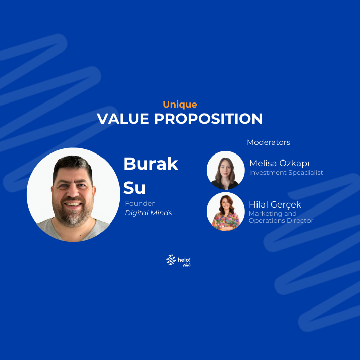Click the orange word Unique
tap(180, 105)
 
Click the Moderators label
tap(269, 142)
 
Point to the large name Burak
tap(150, 164)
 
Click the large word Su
tap(134, 188)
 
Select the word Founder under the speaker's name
tap(140, 203)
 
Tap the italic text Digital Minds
tap(148, 213)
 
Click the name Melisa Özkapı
tap(279, 163)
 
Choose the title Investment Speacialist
tap(286, 173)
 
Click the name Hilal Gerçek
tap(275, 204)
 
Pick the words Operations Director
tap(281, 221)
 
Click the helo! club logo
tap(179, 261)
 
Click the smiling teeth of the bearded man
tap(74, 204)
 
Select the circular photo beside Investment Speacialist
tap(225, 170)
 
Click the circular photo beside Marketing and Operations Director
tap(225, 211)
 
